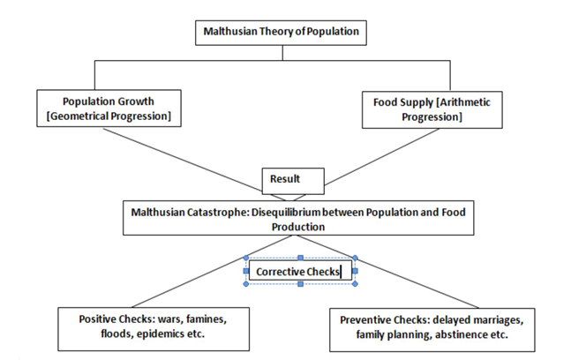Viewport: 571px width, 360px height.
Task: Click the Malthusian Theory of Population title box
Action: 281,32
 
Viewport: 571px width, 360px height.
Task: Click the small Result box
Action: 285,179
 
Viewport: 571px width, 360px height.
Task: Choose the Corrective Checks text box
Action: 300,272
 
